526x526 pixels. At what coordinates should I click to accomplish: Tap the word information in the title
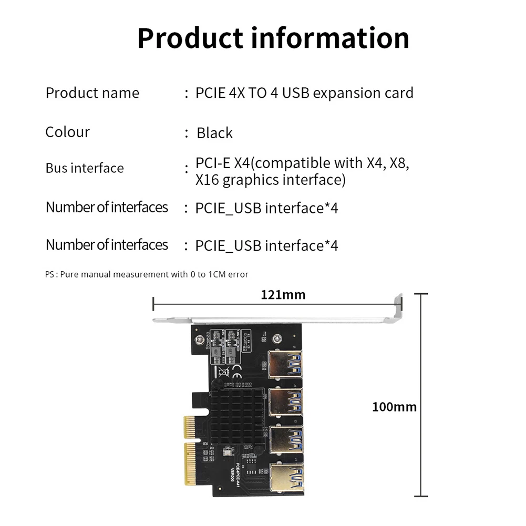point(337,38)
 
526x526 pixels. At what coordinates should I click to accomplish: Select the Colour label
point(67,131)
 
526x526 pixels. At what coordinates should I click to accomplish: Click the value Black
point(214,133)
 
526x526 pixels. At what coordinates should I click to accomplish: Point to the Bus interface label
point(85,168)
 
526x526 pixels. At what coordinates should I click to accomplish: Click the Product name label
point(92,93)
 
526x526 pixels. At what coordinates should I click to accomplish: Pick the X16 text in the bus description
point(207,180)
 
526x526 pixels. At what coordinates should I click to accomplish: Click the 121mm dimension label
point(283,295)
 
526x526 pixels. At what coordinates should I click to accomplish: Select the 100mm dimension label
point(394,406)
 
